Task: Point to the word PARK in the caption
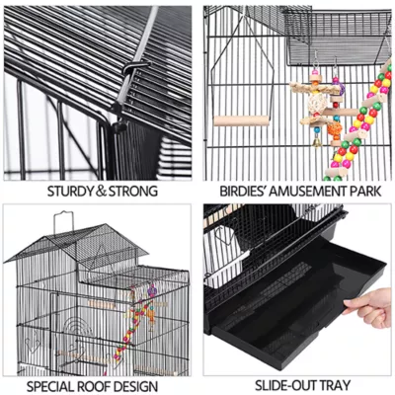click(363, 191)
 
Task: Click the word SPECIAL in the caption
click(54, 386)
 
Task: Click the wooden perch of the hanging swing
click(243, 120)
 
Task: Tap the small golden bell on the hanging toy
click(317, 142)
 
